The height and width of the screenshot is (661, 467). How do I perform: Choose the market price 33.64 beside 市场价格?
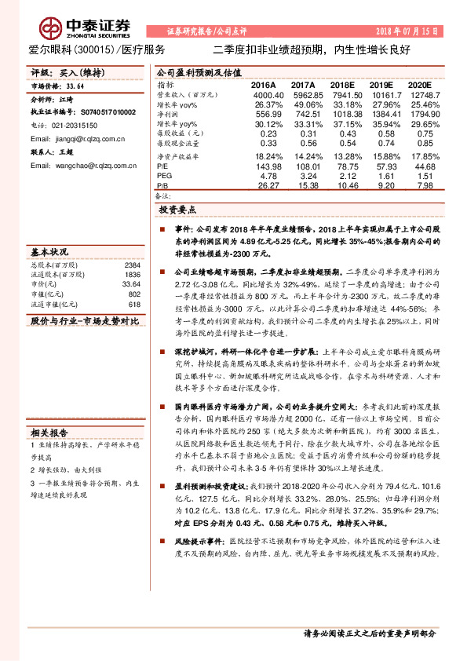(x=75, y=87)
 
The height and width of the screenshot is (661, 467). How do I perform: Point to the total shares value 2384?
(x=132, y=266)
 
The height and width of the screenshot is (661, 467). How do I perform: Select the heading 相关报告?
(x=49, y=432)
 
